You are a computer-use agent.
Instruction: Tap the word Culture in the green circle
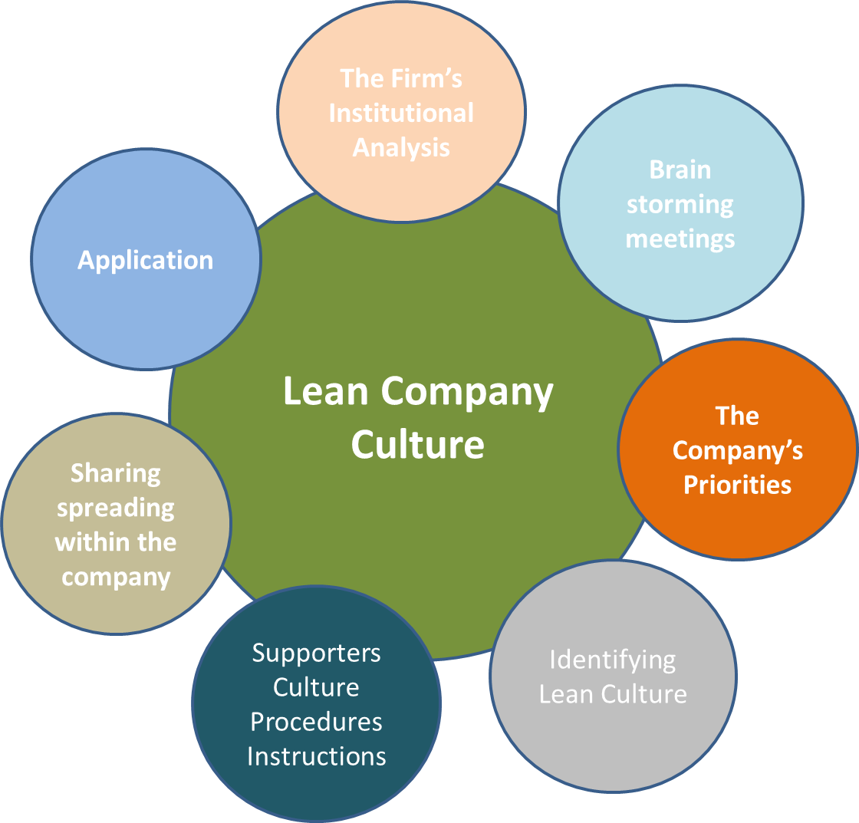pyautogui.click(x=418, y=444)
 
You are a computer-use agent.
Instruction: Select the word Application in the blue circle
pyautogui.click(x=146, y=260)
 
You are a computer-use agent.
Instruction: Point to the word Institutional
pyautogui.click(x=401, y=113)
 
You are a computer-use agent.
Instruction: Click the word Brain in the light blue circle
pyautogui.click(x=680, y=170)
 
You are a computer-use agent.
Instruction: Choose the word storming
pyautogui.click(x=680, y=205)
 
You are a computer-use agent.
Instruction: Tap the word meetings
pyautogui.click(x=680, y=239)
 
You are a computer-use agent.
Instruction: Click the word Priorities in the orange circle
pyautogui.click(x=738, y=485)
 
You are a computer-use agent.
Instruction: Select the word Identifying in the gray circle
pyautogui.click(x=613, y=660)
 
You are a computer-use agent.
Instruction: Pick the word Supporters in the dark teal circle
pyautogui.click(x=317, y=653)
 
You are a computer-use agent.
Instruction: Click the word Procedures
pyautogui.click(x=317, y=722)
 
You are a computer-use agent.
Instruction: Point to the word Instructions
pyautogui.click(x=317, y=756)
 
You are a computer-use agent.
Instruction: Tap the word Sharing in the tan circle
pyautogui.click(x=116, y=473)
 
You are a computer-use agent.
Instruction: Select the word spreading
pyautogui.click(x=116, y=508)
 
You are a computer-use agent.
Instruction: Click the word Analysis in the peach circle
pyautogui.click(x=401, y=147)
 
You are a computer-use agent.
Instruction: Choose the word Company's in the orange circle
pyautogui.click(x=738, y=450)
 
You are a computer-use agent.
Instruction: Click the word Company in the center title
pyautogui.click(x=467, y=393)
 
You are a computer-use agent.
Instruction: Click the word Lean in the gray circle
pyautogui.click(x=566, y=694)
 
